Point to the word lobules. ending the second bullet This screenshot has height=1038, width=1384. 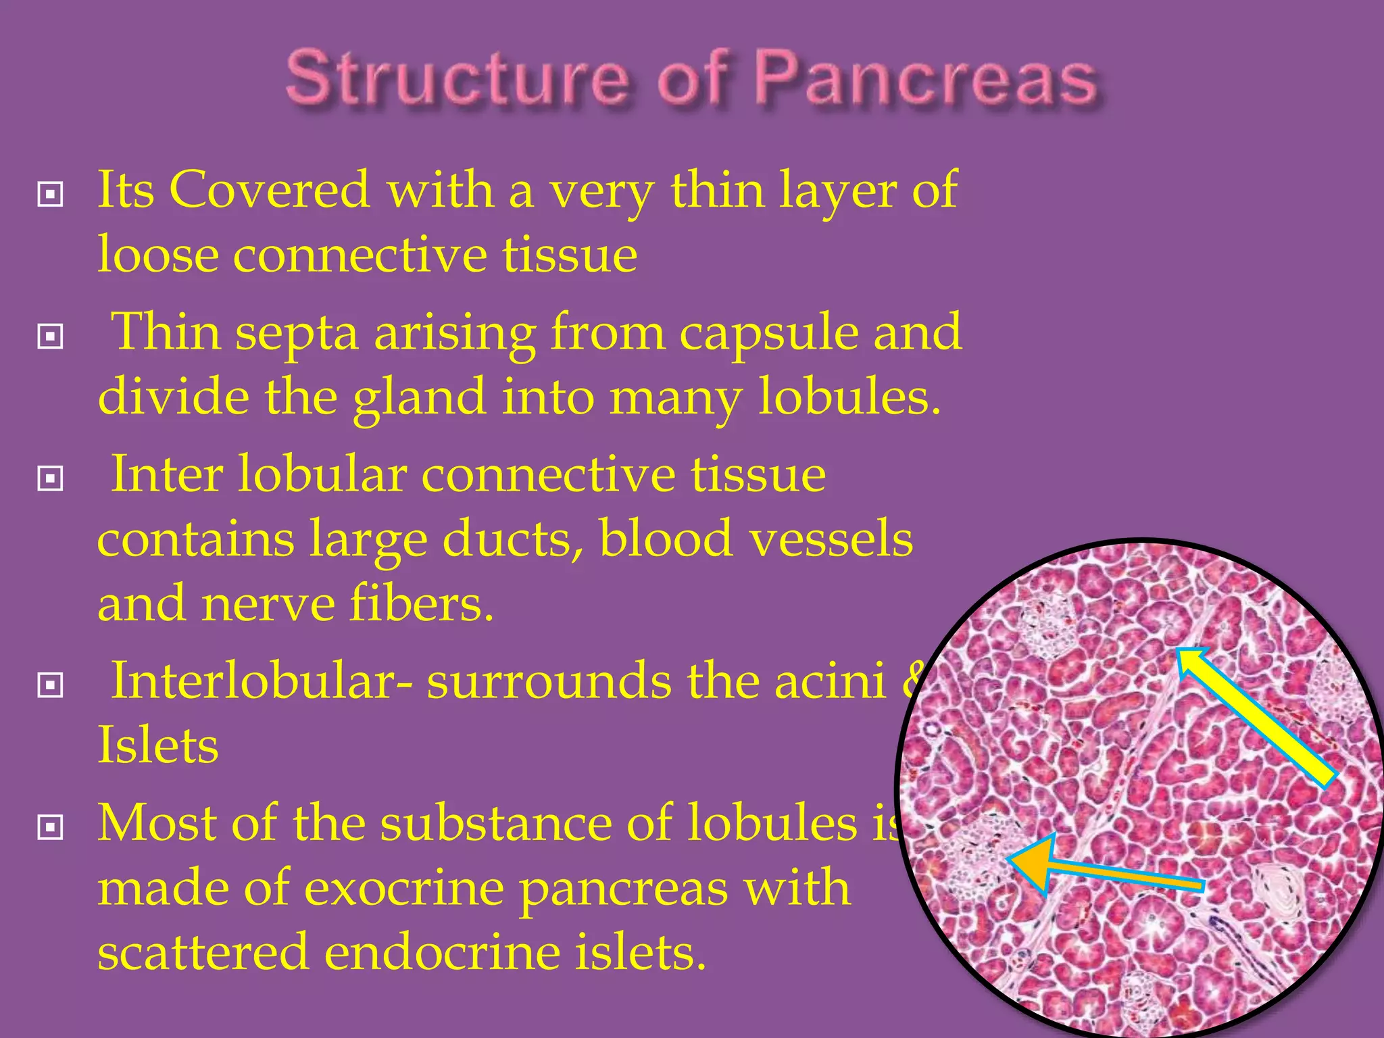(849, 397)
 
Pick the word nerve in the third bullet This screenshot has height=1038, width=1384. (268, 603)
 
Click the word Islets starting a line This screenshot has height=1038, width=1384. (158, 745)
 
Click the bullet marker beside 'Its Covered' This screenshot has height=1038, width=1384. (51, 195)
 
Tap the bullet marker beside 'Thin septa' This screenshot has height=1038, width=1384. (51, 336)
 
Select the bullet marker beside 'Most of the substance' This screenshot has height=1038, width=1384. (51, 826)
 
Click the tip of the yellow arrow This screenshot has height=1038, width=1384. (1179, 651)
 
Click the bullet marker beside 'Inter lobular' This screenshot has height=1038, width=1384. (51, 478)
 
